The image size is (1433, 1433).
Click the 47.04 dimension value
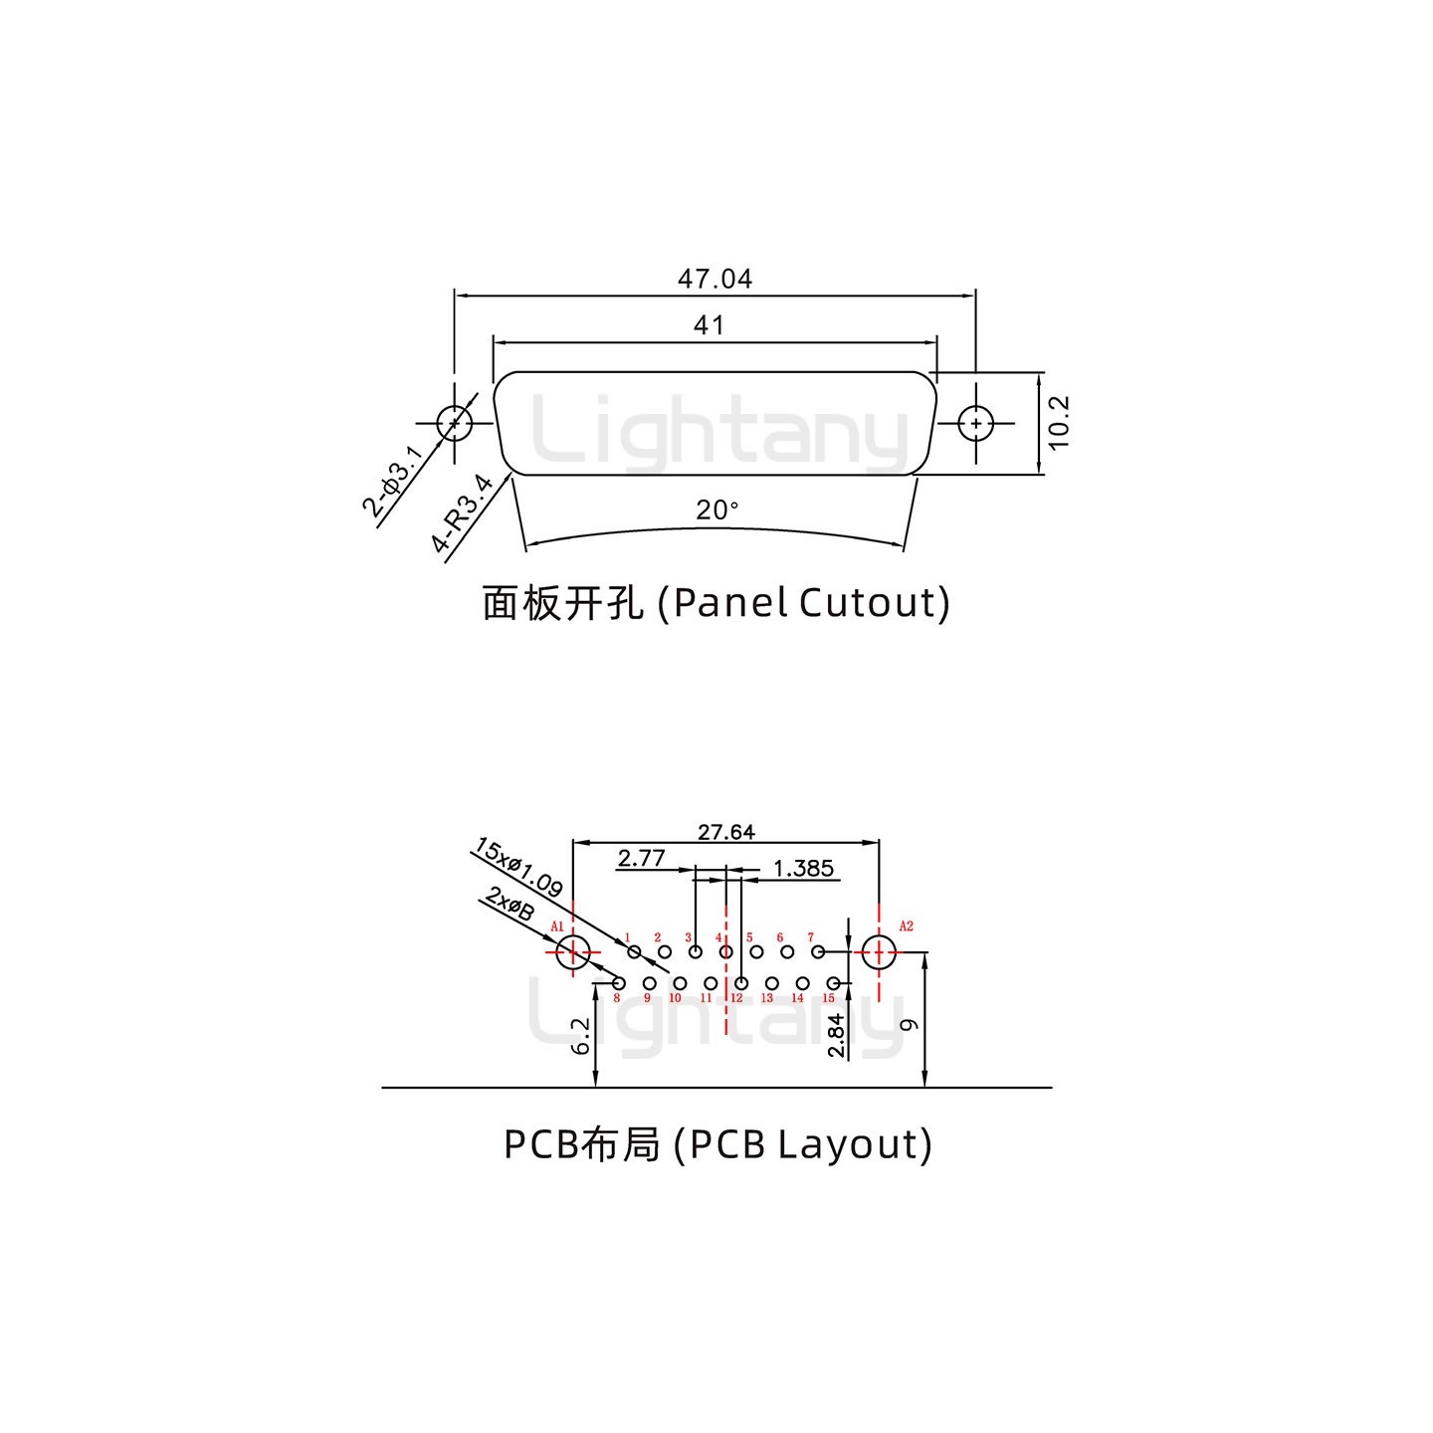pos(715,279)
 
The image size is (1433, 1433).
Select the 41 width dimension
pos(709,325)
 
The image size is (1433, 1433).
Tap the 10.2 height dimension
pos(1059,423)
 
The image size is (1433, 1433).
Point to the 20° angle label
pos(716,511)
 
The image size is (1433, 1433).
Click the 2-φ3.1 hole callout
pos(393,483)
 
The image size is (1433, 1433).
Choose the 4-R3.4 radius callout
pos(463,513)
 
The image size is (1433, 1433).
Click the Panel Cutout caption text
pos(716,603)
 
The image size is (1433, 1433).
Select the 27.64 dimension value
pos(725,832)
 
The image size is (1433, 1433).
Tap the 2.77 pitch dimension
pos(641,858)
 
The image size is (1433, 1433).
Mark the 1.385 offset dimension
pos(803,869)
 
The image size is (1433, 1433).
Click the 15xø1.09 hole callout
pos(518,868)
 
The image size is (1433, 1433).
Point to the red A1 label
pos(557,926)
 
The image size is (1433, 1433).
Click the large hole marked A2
pos(879,952)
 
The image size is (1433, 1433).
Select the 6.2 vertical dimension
pos(581,1035)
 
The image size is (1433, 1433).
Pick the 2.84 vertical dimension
pos(836,1035)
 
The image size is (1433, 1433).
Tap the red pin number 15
pos(828,998)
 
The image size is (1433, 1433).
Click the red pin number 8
pos(617,998)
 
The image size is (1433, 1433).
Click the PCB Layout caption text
pos(717,1144)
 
